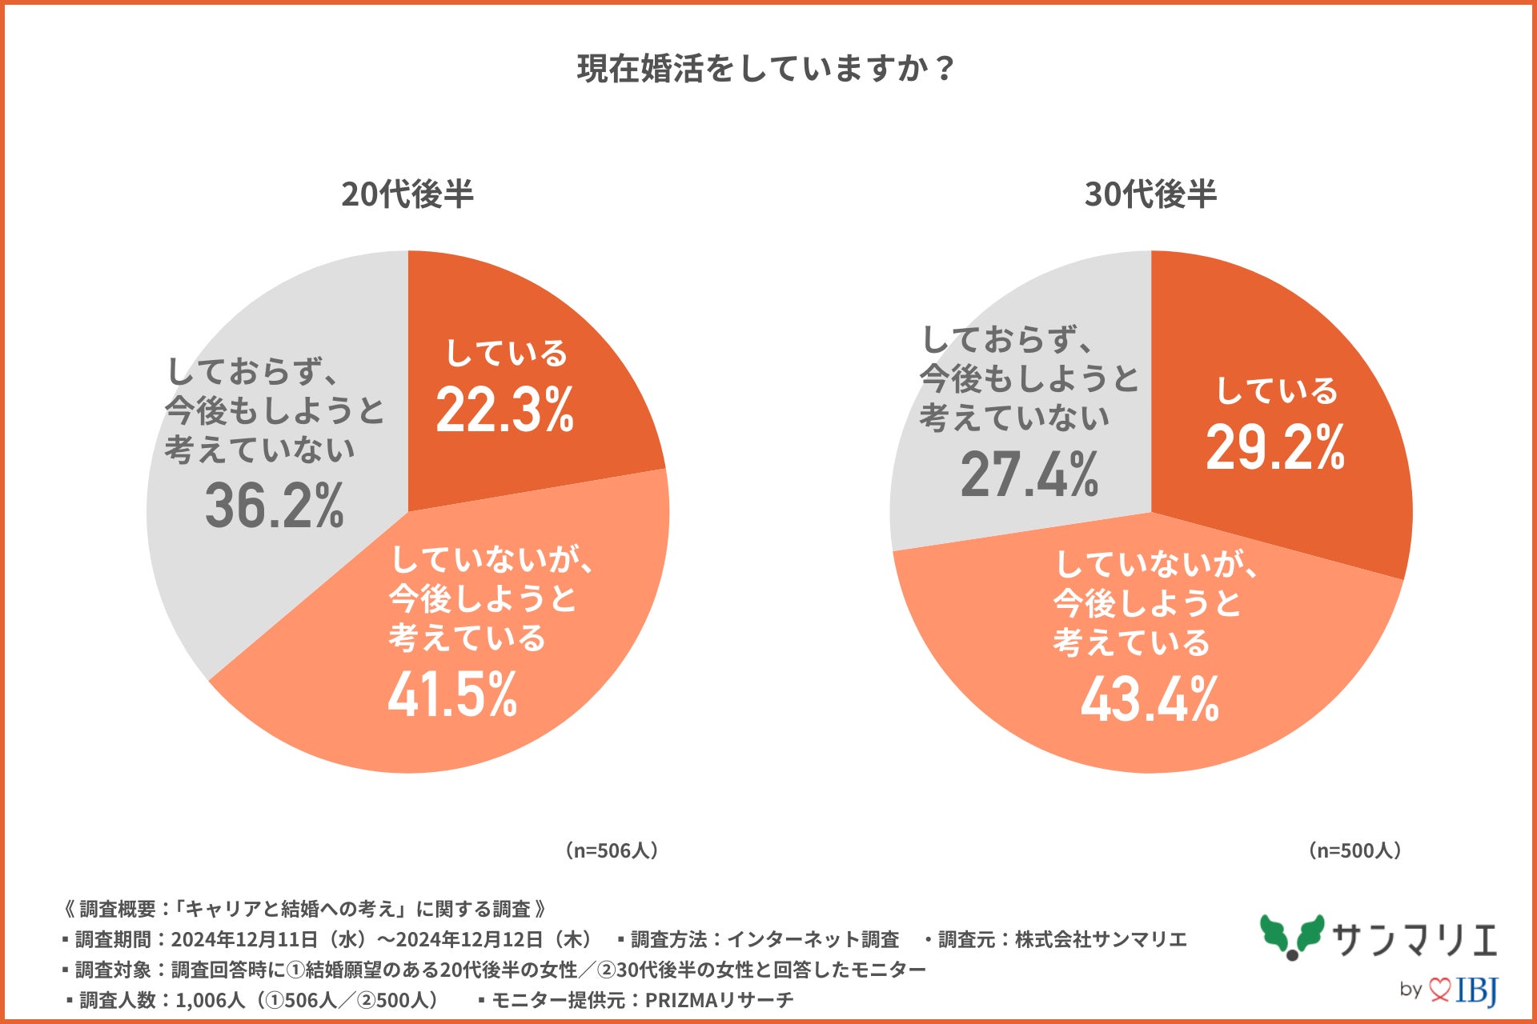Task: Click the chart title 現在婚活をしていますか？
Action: pyautogui.click(x=766, y=69)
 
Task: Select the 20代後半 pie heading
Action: pyautogui.click(x=407, y=194)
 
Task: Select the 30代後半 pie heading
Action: pyautogui.click(x=1150, y=194)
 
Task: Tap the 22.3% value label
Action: pyautogui.click(x=505, y=410)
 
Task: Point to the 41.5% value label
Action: pyautogui.click(x=453, y=694)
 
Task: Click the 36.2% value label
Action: pyautogui.click(x=275, y=506)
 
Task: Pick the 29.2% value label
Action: pyautogui.click(x=1275, y=447)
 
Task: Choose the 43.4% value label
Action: pyautogui.click(x=1150, y=699)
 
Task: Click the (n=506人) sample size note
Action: pyautogui.click(x=612, y=850)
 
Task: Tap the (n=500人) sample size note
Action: pyautogui.click(x=1355, y=850)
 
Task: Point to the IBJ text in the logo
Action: pyautogui.click(x=1477, y=991)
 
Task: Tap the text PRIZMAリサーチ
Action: pyautogui.click(x=719, y=1000)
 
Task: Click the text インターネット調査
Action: pyautogui.click(x=813, y=939)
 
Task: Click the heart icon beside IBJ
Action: pyautogui.click(x=1439, y=990)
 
